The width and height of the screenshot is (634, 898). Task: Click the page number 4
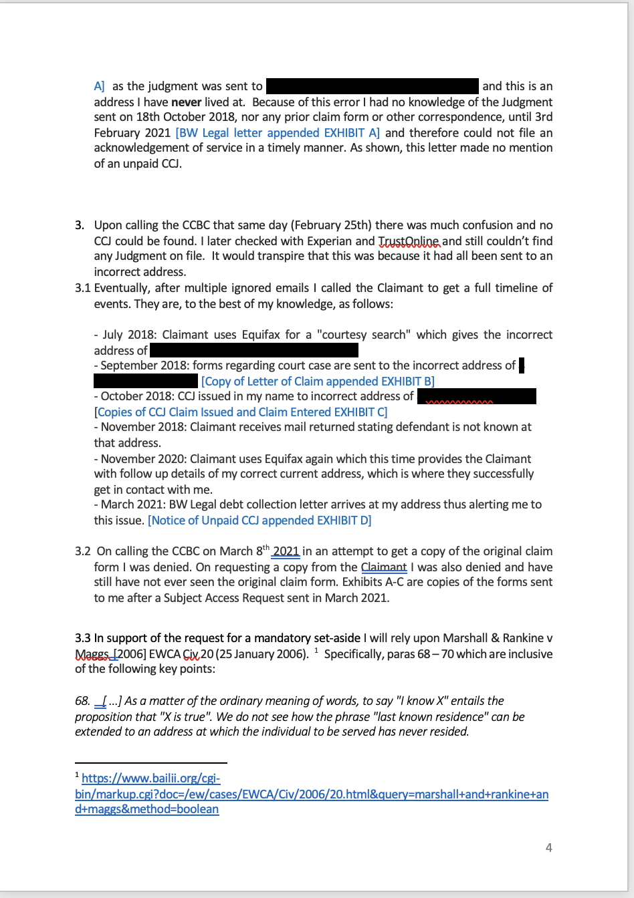coord(549,847)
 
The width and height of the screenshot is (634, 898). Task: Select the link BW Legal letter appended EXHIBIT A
coord(278,132)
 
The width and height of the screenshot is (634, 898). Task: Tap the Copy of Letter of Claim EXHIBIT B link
coord(318,381)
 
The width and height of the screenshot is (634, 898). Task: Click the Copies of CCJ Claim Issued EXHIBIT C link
coord(242,412)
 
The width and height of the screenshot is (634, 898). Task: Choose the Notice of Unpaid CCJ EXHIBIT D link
coord(259,520)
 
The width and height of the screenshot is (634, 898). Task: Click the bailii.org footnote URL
coord(312,794)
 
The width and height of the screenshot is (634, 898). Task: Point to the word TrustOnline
coord(409,241)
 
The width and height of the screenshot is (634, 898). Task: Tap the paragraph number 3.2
coord(83,551)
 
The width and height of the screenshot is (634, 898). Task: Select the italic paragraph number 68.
coord(82,701)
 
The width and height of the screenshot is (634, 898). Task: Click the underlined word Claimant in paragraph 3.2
coord(384,567)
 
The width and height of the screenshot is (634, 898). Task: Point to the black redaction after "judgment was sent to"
coord(372,86)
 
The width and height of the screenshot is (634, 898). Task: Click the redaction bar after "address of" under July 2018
coord(254,350)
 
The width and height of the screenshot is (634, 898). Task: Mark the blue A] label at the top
coord(100,86)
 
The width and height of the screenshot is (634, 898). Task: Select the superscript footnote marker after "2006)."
coord(316,650)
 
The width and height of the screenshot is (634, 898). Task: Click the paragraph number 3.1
coord(83,288)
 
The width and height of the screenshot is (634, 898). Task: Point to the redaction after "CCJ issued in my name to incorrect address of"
coord(476,396)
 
